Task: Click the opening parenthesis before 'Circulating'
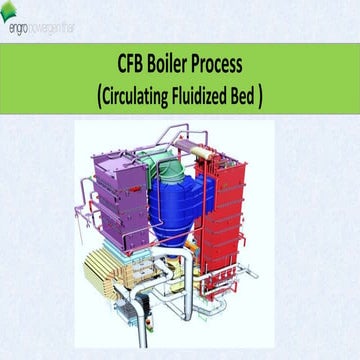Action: [x=100, y=97]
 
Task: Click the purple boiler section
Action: [x=120, y=195]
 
